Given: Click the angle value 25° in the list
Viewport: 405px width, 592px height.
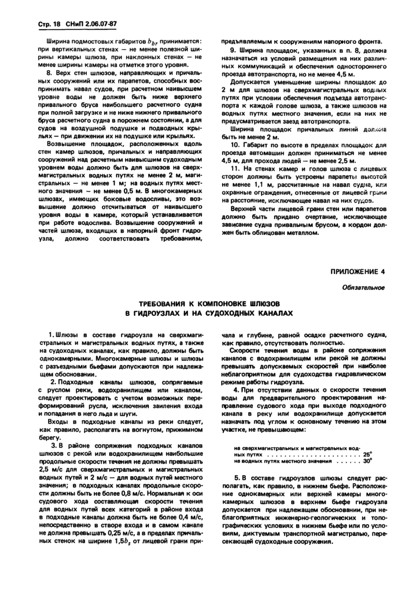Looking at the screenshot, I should [368, 454].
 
